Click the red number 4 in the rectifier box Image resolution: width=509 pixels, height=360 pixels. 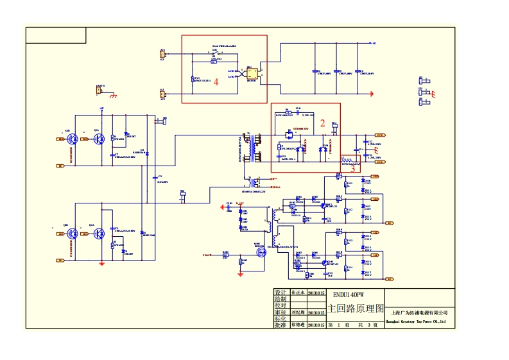[x=216, y=81]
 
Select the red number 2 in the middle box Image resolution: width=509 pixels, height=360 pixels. [x=323, y=122]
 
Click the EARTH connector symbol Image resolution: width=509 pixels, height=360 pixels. [x=99, y=90]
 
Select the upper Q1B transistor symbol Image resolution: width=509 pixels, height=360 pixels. [x=73, y=139]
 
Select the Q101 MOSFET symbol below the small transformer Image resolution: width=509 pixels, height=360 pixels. [x=261, y=252]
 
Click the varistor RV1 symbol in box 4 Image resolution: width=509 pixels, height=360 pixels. [x=194, y=80]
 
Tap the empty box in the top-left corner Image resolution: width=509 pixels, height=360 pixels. [x=56, y=35]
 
